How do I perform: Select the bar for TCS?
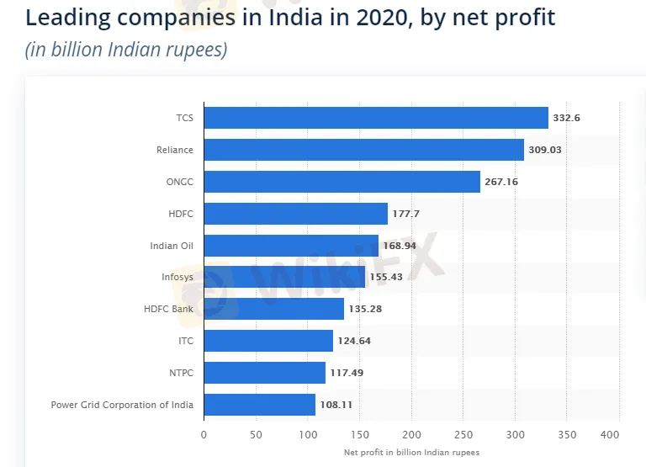pyautogui.click(x=375, y=118)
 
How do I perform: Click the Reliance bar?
pyautogui.click(x=363, y=150)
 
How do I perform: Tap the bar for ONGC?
pyautogui.click(x=342, y=182)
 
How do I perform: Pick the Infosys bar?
pyautogui.click(x=284, y=277)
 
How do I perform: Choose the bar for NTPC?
pyautogui.click(x=264, y=373)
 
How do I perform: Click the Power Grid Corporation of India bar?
pyautogui.click(x=259, y=405)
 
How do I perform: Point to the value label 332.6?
pyautogui.click(x=566, y=118)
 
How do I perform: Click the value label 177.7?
pyautogui.click(x=405, y=214)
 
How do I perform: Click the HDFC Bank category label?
pyautogui.click(x=168, y=309)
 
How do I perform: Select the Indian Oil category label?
pyautogui.click(x=171, y=246)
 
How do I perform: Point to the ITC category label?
pyautogui.click(x=185, y=341)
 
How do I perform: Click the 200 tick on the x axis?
pyautogui.click(x=411, y=434)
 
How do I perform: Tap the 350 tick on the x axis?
pyautogui.click(x=568, y=434)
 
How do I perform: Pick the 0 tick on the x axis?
pyautogui.click(x=204, y=434)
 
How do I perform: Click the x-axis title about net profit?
pyautogui.click(x=411, y=453)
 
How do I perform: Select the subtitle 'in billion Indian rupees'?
pyautogui.click(x=126, y=50)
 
